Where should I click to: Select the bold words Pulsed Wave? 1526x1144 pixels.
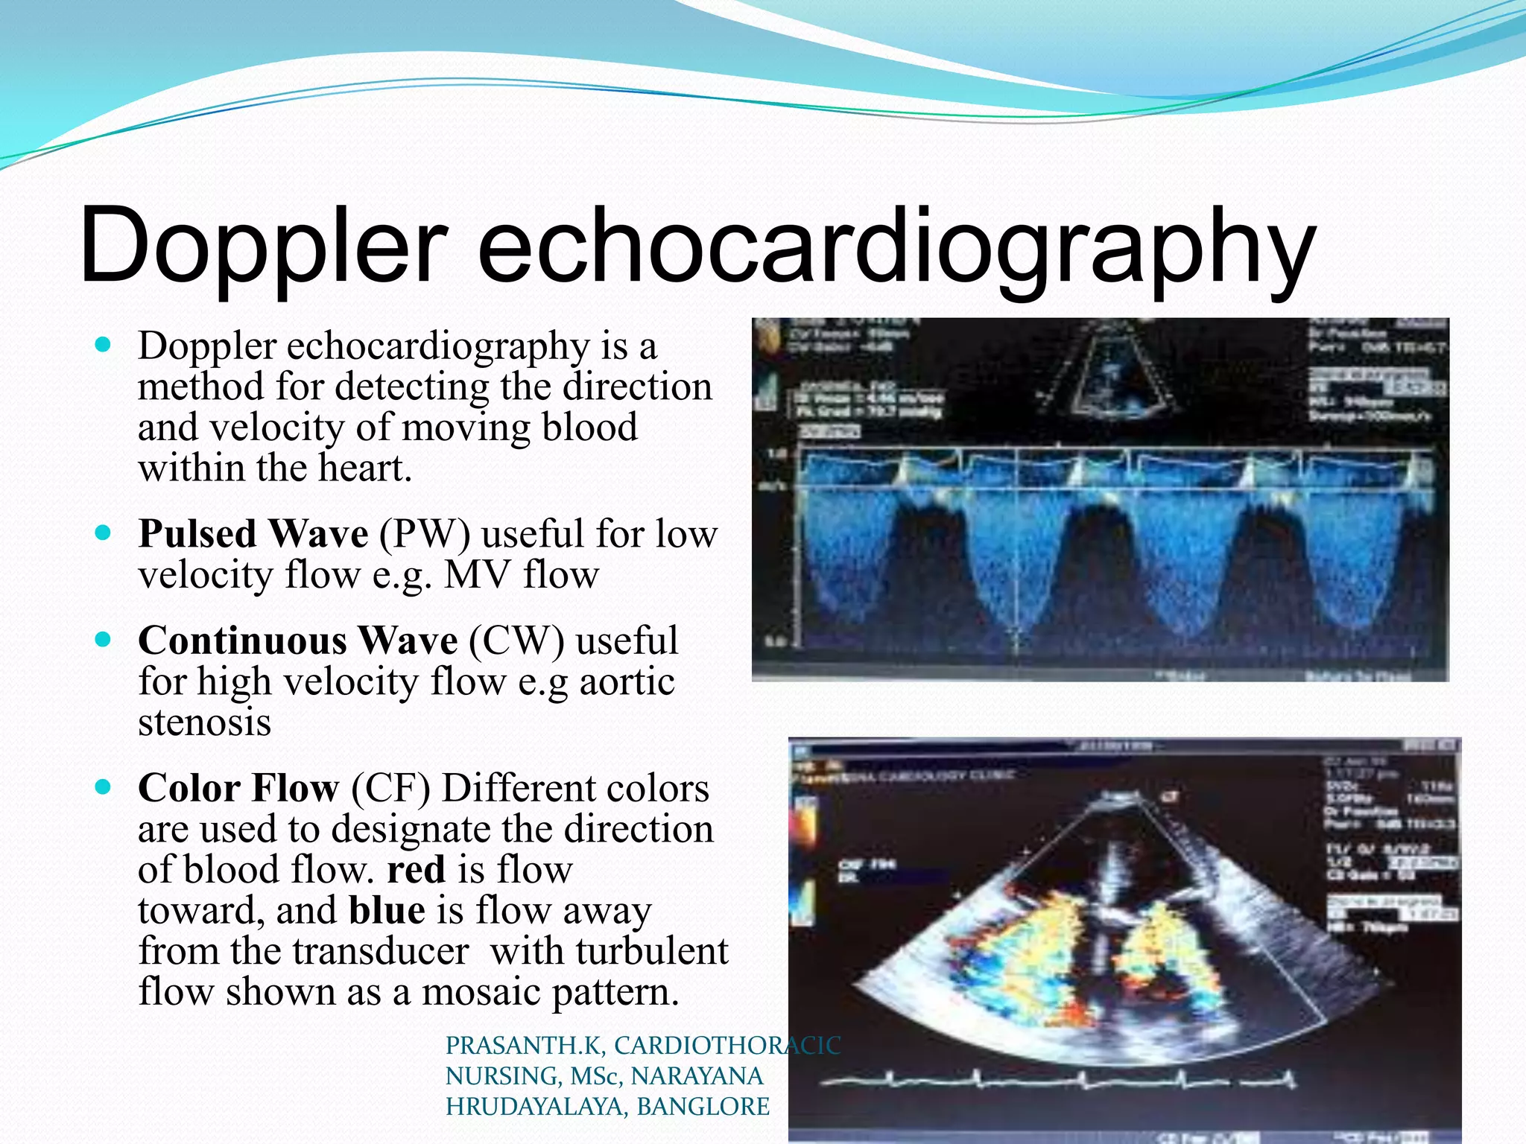click(253, 534)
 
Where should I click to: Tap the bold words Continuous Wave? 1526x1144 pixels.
click(298, 641)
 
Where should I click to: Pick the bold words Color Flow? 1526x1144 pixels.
click(238, 788)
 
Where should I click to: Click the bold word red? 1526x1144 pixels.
click(416, 870)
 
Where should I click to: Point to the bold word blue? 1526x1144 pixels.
click(387, 910)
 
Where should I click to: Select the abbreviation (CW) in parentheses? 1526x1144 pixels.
click(516, 641)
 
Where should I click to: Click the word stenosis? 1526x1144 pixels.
click(205, 722)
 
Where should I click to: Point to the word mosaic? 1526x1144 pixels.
click(481, 992)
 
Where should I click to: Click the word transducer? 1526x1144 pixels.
click(380, 951)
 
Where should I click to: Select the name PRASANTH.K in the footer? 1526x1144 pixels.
click(525, 1046)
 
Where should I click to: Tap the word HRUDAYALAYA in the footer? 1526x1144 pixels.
click(536, 1107)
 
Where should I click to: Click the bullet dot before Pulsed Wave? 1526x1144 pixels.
click(104, 533)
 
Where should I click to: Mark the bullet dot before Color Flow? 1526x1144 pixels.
click(104, 786)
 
